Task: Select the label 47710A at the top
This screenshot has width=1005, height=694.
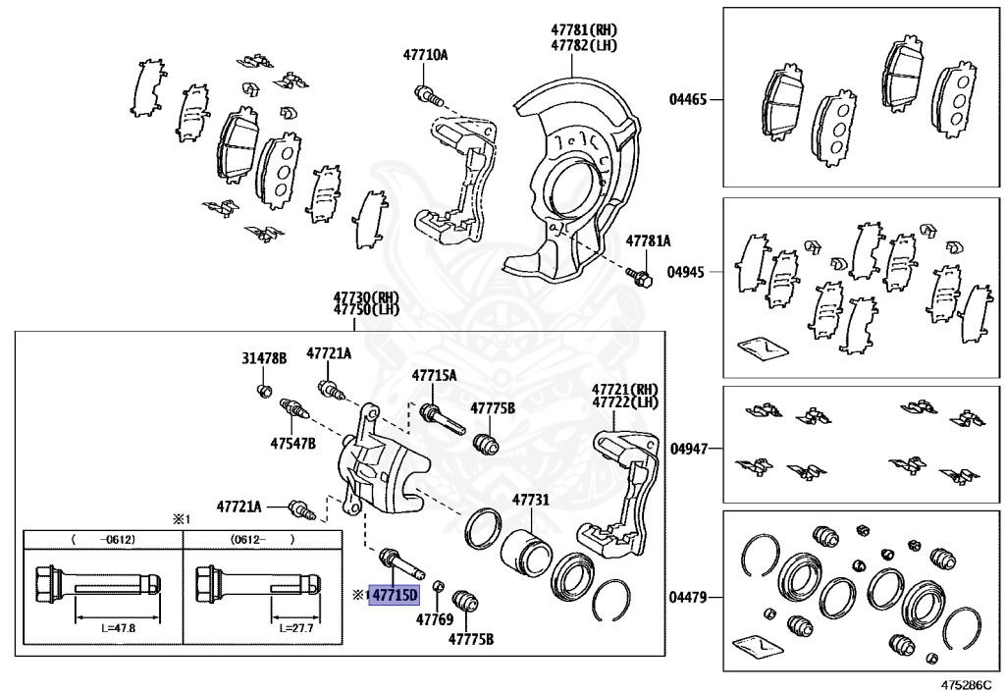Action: pyautogui.click(x=424, y=55)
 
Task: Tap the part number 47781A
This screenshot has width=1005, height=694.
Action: pyautogui.click(x=649, y=240)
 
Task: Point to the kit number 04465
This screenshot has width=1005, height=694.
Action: pyautogui.click(x=688, y=99)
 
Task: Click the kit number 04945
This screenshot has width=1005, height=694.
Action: pyautogui.click(x=688, y=271)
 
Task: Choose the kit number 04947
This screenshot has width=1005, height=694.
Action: pyautogui.click(x=688, y=449)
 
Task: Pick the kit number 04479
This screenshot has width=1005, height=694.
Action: pyautogui.click(x=688, y=597)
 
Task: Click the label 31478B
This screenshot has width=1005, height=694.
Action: pyautogui.click(x=264, y=359)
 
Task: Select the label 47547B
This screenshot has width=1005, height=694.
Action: pyautogui.click(x=292, y=444)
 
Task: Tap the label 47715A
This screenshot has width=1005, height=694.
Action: pyautogui.click(x=434, y=375)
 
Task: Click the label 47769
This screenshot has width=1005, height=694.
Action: pyautogui.click(x=433, y=619)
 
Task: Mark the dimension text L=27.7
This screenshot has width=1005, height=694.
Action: pyautogui.click(x=294, y=627)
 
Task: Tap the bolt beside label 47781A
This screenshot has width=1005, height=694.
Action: pyautogui.click(x=641, y=279)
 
